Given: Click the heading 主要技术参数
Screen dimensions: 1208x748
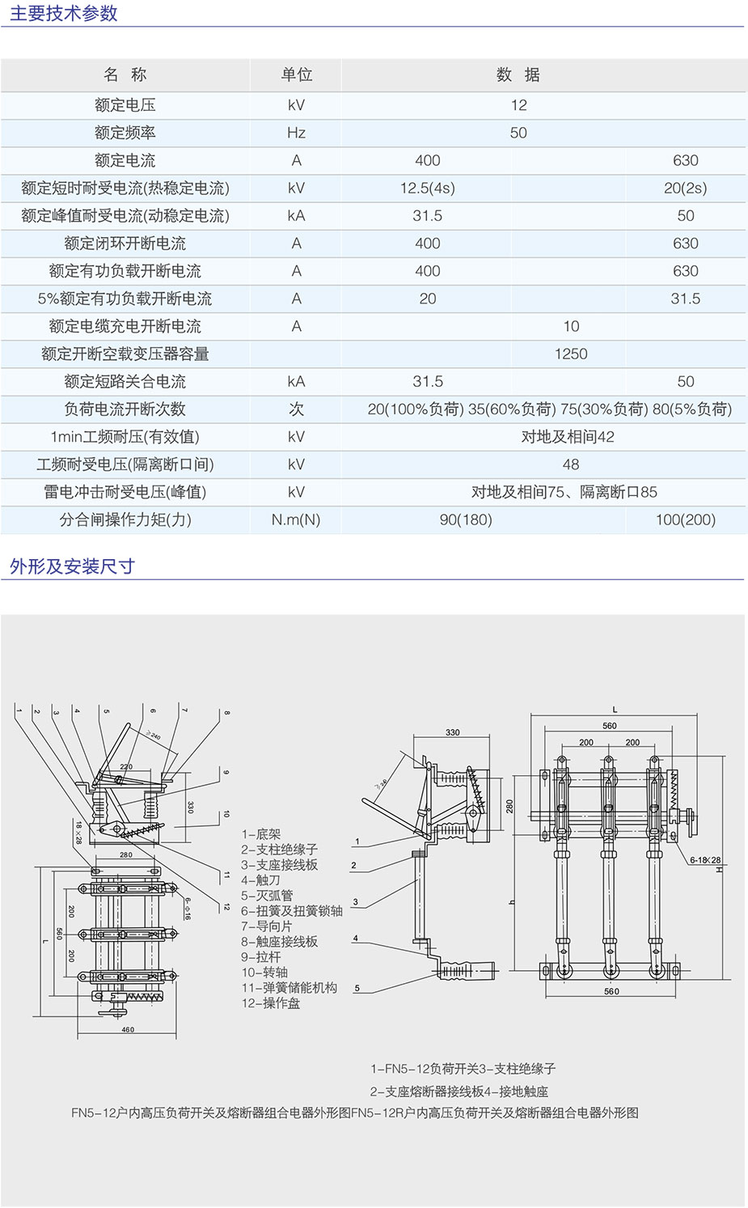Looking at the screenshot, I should pos(64,14).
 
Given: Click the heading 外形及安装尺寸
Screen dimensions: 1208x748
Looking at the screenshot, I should pos(72,566).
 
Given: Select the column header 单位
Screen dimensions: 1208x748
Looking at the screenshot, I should pos(296,75).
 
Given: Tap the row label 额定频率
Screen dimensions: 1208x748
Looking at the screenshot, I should pos(125,133).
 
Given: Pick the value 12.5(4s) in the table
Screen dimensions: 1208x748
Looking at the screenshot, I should pos(427,189).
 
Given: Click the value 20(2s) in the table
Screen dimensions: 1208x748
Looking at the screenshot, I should pos(685,189).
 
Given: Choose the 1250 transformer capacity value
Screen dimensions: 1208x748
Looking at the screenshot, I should pos(571,354).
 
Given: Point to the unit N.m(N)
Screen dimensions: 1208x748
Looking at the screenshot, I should pos(296,520).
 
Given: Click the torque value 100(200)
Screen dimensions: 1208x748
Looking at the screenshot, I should pos(685,520).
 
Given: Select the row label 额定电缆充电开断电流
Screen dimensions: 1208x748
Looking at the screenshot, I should pos(125,327).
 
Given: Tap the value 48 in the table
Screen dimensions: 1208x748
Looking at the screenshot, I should pos(571,464).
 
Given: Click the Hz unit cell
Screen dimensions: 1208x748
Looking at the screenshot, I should pos(296,133).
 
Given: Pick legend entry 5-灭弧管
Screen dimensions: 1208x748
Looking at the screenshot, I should pos(267,896).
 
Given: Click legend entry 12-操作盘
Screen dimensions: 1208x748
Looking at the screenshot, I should pos(270,1003).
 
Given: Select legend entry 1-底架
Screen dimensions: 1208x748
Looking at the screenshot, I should pos(260,834).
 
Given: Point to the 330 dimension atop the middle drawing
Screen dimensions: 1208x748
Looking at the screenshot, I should pos(452,732).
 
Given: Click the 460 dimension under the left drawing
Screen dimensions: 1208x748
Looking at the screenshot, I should pos(128,1030).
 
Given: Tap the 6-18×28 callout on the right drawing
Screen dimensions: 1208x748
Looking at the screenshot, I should pos(704,860).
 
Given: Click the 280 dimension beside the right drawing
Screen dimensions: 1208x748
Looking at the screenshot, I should pos(509,807).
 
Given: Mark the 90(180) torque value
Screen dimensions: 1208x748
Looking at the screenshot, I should pos(466,520).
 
